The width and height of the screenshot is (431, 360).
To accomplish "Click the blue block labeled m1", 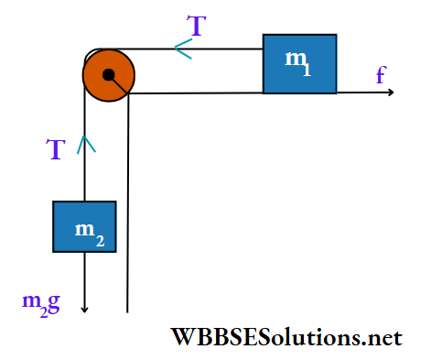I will pyautogui.click(x=299, y=63).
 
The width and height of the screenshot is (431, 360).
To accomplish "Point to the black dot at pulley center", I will pyautogui.click(x=109, y=75).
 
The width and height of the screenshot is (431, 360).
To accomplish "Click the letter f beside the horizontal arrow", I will pyautogui.click(x=380, y=76).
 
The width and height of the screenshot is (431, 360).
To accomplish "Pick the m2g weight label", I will pyautogui.click(x=40, y=303).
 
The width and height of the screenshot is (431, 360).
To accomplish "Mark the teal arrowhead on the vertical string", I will pyautogui.click(x=84, y=143).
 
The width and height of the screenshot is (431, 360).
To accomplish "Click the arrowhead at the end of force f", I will pyautogui.click(x=390, y=93).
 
